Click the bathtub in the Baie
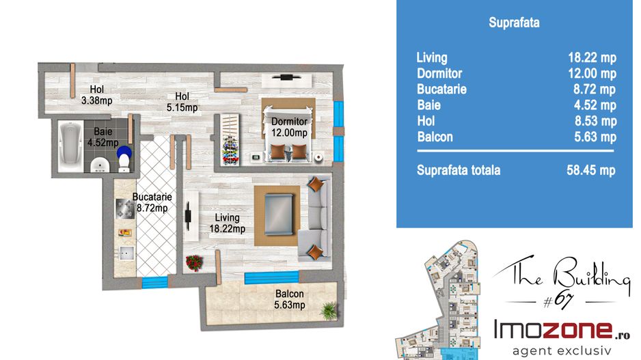click(70, 146)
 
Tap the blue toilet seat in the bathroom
click(124, 153)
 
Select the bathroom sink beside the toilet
click(99, 165)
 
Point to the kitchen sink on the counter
click(126, 253)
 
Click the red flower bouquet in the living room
click(194, 263)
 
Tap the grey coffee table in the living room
click(279, 214)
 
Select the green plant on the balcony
click(329, 311)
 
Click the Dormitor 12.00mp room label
click(290, 127)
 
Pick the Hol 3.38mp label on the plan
click(97, 95)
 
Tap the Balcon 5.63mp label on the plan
click(290, 299)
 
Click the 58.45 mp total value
click(590, 170)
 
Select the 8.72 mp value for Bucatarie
click(595, 89)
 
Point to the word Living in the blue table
click(432, 58)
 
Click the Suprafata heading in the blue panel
click(514, 23)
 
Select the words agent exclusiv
click(562, 350)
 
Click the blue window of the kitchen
click(154, 282)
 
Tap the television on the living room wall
click(188, 216)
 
